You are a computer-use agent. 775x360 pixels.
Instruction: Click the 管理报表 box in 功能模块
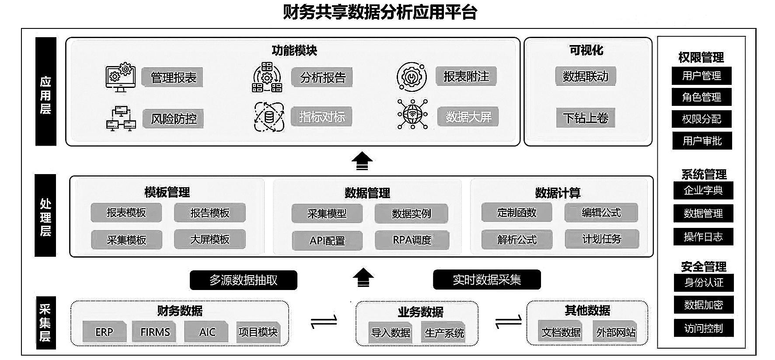tap(173, 77)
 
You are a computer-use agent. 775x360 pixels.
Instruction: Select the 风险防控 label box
tap(173, 119)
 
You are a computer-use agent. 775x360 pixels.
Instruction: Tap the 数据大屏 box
tap(468, 117)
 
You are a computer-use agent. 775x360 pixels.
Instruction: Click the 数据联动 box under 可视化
tap(585, 77)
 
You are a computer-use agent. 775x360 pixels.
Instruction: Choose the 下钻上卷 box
tap(585, 118)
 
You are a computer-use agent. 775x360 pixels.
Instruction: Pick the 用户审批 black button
tap(702, 141)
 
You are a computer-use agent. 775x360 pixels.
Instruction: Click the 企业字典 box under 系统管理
tap(703, 190)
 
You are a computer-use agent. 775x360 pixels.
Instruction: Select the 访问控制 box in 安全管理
tap(703, 328)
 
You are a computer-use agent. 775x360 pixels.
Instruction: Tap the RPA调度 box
tap(412, 240)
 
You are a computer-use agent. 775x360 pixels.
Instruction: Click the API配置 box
tap(327, 241)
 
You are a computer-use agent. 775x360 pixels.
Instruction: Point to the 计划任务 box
tap(601, 239)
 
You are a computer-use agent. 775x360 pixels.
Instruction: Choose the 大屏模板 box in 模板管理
tap(209, 239)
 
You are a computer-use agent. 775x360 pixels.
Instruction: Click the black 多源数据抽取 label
tap(243, 280)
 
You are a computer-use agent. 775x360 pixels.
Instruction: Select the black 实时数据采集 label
tap(487, 280)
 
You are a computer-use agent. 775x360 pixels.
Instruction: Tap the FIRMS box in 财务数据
tap(155, 332)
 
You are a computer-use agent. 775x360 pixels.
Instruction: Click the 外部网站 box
tap(616, 332)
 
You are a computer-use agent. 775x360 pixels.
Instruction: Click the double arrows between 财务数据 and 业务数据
tap(324, 322)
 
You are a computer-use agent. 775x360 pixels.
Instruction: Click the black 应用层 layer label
tap(45, 91)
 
